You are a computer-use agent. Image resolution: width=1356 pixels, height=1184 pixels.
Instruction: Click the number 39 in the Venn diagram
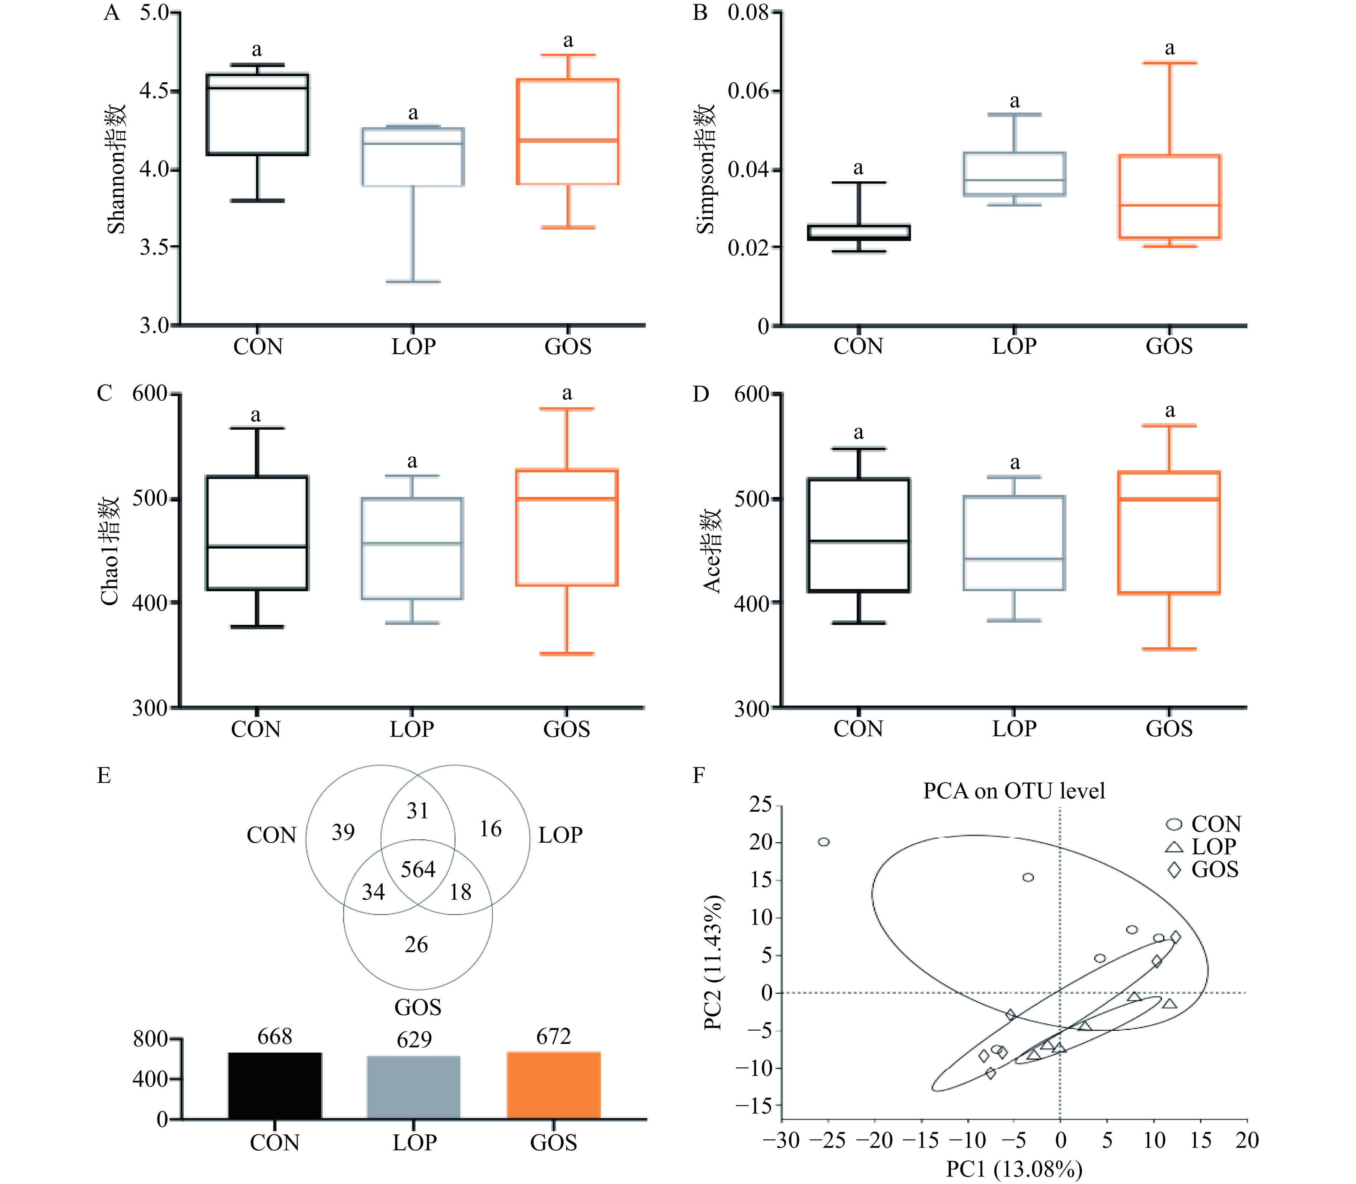[343, 832]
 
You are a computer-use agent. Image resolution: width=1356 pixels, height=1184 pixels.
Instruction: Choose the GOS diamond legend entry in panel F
[1202, 870]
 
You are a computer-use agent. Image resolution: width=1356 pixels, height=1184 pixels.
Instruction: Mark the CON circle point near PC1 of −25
[824, 842]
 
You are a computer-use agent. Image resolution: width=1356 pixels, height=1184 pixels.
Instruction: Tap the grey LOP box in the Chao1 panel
[412, 549]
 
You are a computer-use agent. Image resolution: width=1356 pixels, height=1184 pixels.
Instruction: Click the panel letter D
[700, 395]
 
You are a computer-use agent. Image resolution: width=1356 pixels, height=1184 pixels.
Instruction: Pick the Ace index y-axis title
[712, 550]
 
